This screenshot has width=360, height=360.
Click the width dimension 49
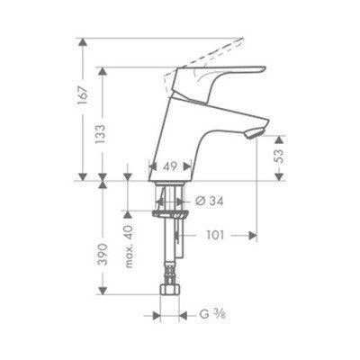pyautogui.click(x=168, y=166)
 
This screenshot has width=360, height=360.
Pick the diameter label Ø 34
pyautogui.click(x=210, y=202)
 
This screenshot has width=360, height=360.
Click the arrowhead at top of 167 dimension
pyautogui.click(x=84, y=43)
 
